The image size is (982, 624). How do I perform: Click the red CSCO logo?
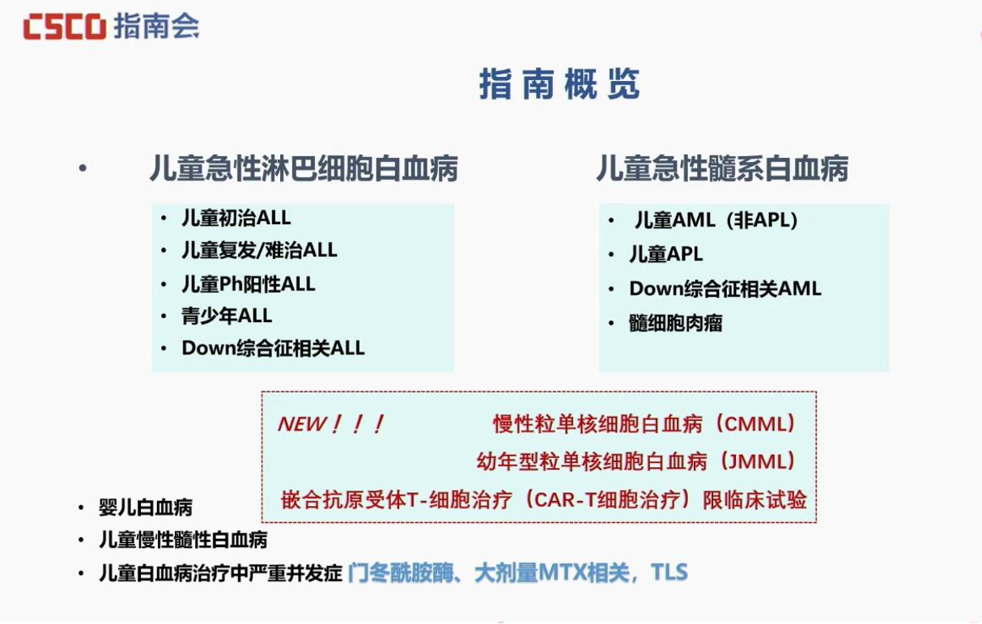[65, 26]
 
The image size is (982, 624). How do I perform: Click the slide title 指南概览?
[559, 83]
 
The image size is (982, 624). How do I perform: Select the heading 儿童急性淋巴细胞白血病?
[304, 168]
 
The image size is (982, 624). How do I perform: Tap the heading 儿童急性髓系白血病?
[722, 168]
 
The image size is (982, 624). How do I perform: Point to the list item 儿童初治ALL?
[236, 218]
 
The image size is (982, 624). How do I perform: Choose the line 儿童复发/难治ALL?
[260, 250]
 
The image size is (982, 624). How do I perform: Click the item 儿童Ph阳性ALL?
[249, 284]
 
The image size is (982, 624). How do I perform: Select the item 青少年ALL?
[227, 316]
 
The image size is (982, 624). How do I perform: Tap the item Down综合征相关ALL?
[273, 348]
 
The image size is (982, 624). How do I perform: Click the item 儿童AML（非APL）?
[716, 220]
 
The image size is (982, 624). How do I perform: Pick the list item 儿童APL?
[666, 254]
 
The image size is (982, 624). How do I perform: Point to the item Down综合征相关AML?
[725, 289]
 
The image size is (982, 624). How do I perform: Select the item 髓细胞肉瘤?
[675, 324]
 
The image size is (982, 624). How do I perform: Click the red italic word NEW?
[303, 424]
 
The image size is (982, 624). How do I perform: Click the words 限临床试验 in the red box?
[755, 500]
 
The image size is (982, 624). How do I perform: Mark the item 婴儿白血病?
[146, 507]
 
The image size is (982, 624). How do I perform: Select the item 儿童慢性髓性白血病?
[183, 540]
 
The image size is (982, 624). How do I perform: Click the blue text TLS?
[670, 572]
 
